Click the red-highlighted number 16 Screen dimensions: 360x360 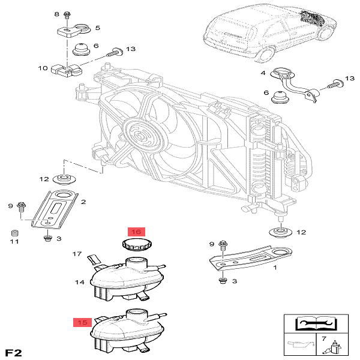(x=136, y=232)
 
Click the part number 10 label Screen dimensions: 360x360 (x=43, y=68)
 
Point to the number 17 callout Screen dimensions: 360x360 (x=77, y=254)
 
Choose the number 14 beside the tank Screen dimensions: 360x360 (x=79, y=281)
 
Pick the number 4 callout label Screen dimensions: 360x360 (x=262, y=73)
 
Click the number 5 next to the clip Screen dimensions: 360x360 (x=97, y=28)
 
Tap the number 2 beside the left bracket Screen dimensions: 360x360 (x=83, y=202)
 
